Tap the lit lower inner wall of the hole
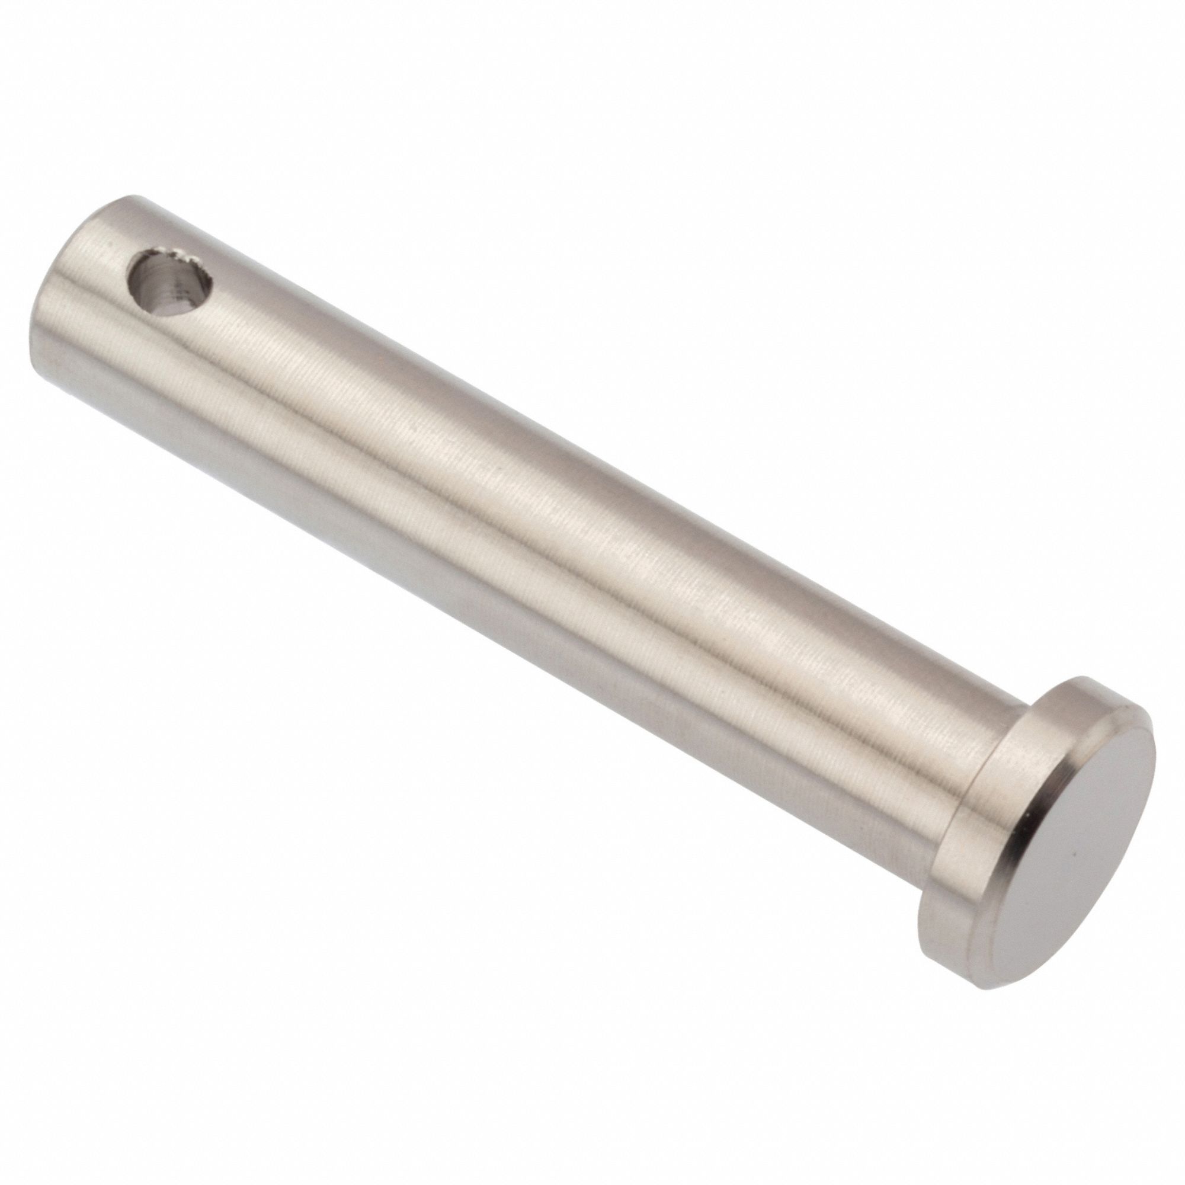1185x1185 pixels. click(x=178, y=300)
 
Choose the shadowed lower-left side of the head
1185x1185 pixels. click(x=939, y=883)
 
